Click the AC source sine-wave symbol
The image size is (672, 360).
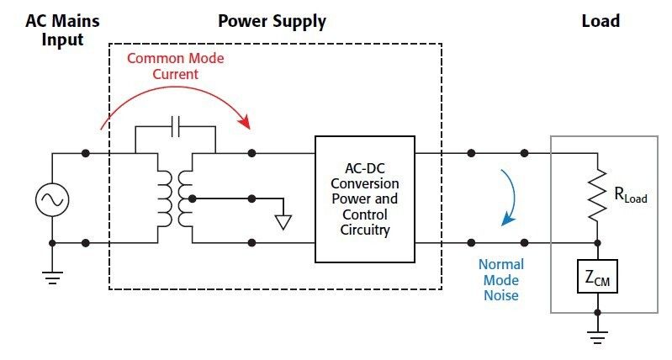point(52,199)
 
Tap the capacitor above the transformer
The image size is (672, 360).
point(175,127)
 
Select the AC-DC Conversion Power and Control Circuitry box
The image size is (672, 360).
point(364,199)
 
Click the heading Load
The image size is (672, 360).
point(601,20)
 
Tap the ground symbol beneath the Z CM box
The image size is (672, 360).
point(596,338)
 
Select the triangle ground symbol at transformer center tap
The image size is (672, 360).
point(284,222)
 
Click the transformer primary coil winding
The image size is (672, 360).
point(164,199)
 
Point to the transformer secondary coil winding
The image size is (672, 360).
point(185,199)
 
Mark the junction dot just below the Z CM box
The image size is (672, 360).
point(596,312)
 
